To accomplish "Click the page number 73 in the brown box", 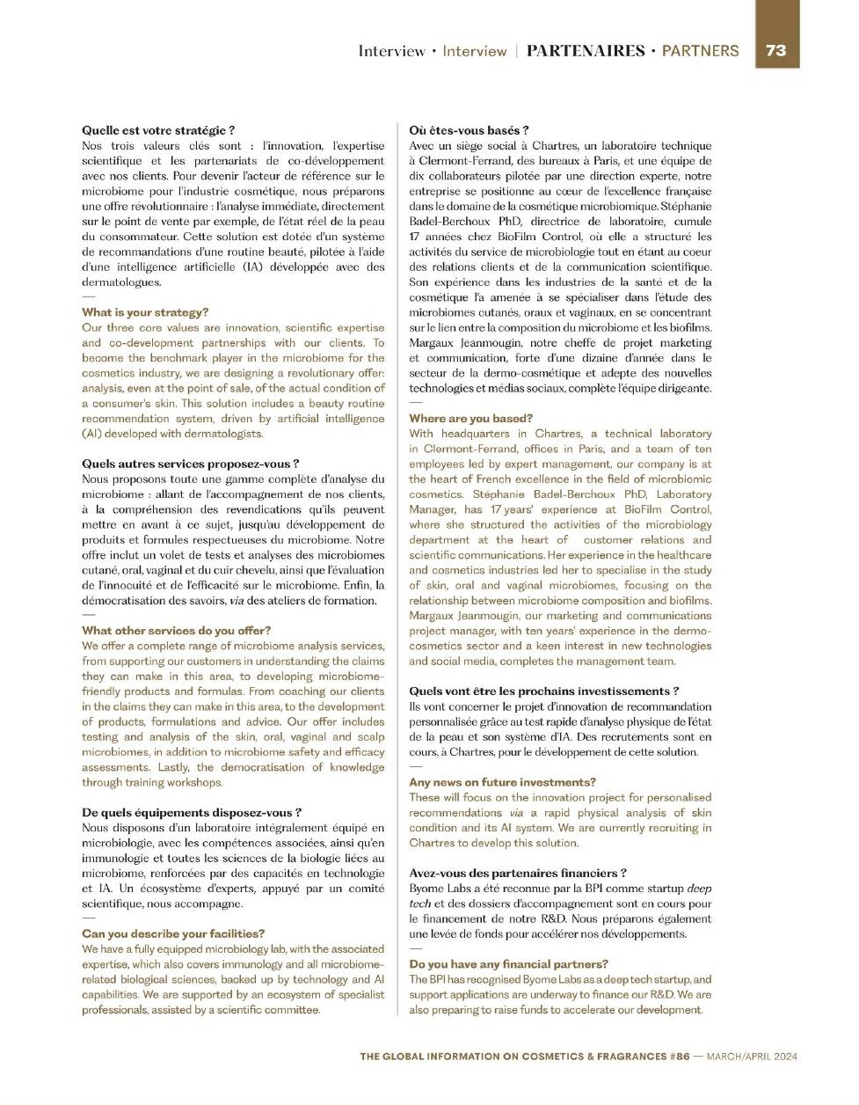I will (x=776, y=50).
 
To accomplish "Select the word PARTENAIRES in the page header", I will (x=586, y=51).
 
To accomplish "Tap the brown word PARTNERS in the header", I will (x=700, y=51).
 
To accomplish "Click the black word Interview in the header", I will (x=392, y=51).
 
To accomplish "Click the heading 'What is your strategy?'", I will (x=145, y=312).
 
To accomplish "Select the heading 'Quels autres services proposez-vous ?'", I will (x=190, y=464).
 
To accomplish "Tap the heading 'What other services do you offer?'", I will (x=176, y=631).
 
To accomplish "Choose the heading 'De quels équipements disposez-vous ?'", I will (x=192, y=813).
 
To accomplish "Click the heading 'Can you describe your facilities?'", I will (x=173, y=933).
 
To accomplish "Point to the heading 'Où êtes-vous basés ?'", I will (x=469, y=130).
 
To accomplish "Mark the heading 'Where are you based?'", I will (x=470, y=419).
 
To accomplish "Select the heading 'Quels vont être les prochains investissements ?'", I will (x=543, y=692).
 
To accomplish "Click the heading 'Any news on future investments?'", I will (x=502, y=782).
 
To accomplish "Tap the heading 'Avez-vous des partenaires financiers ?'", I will (x=518, y=873).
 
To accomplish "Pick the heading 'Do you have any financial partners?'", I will (x=508, y=964).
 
